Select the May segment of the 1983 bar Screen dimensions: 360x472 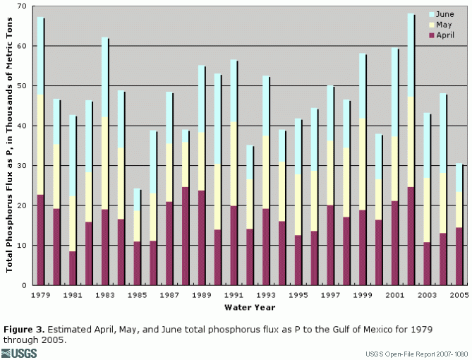[x=105, y=163]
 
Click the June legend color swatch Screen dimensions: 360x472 [x=431, y=14]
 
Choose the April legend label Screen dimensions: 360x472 [x=445, y=35]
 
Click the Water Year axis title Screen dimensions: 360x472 [x=249, y=308]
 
